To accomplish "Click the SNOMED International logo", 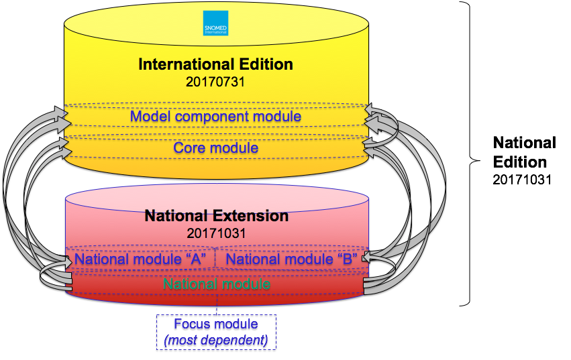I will (x=215, y=22).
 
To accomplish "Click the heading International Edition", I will (x=215, y=64).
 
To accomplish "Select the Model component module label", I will (x=215, y=117).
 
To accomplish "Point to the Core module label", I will (x=215, y=147).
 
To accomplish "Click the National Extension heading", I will (x=217, y=217).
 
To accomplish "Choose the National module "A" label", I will (x=140, y=259).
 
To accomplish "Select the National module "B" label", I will (x=292, y=259).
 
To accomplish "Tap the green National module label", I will (x=216, y=284).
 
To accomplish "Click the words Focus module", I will (x=215, y=324).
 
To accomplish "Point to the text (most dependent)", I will (x=215, y=340).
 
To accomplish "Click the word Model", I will (x=149, y=117).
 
